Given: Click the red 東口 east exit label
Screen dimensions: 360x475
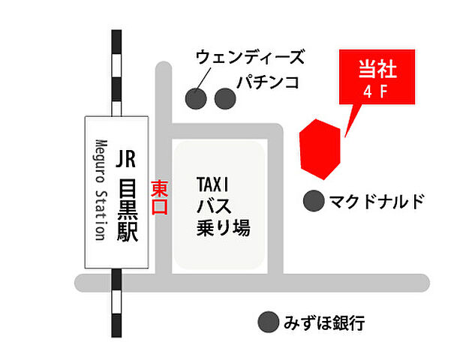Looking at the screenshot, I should click(160, 197).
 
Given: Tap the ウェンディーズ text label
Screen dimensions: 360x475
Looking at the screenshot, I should click(250, 57).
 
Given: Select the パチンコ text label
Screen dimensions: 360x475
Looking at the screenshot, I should click(267, 82).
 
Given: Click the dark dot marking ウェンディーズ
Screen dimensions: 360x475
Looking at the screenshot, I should click(197, 98).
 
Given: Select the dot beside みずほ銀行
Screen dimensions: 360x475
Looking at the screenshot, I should click(266, 322).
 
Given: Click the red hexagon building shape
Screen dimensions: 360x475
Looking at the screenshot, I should click(320, 148).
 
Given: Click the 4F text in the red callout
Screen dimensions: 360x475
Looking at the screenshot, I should click(374, 94).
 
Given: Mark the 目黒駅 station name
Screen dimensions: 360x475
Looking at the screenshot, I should click(126, 211).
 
